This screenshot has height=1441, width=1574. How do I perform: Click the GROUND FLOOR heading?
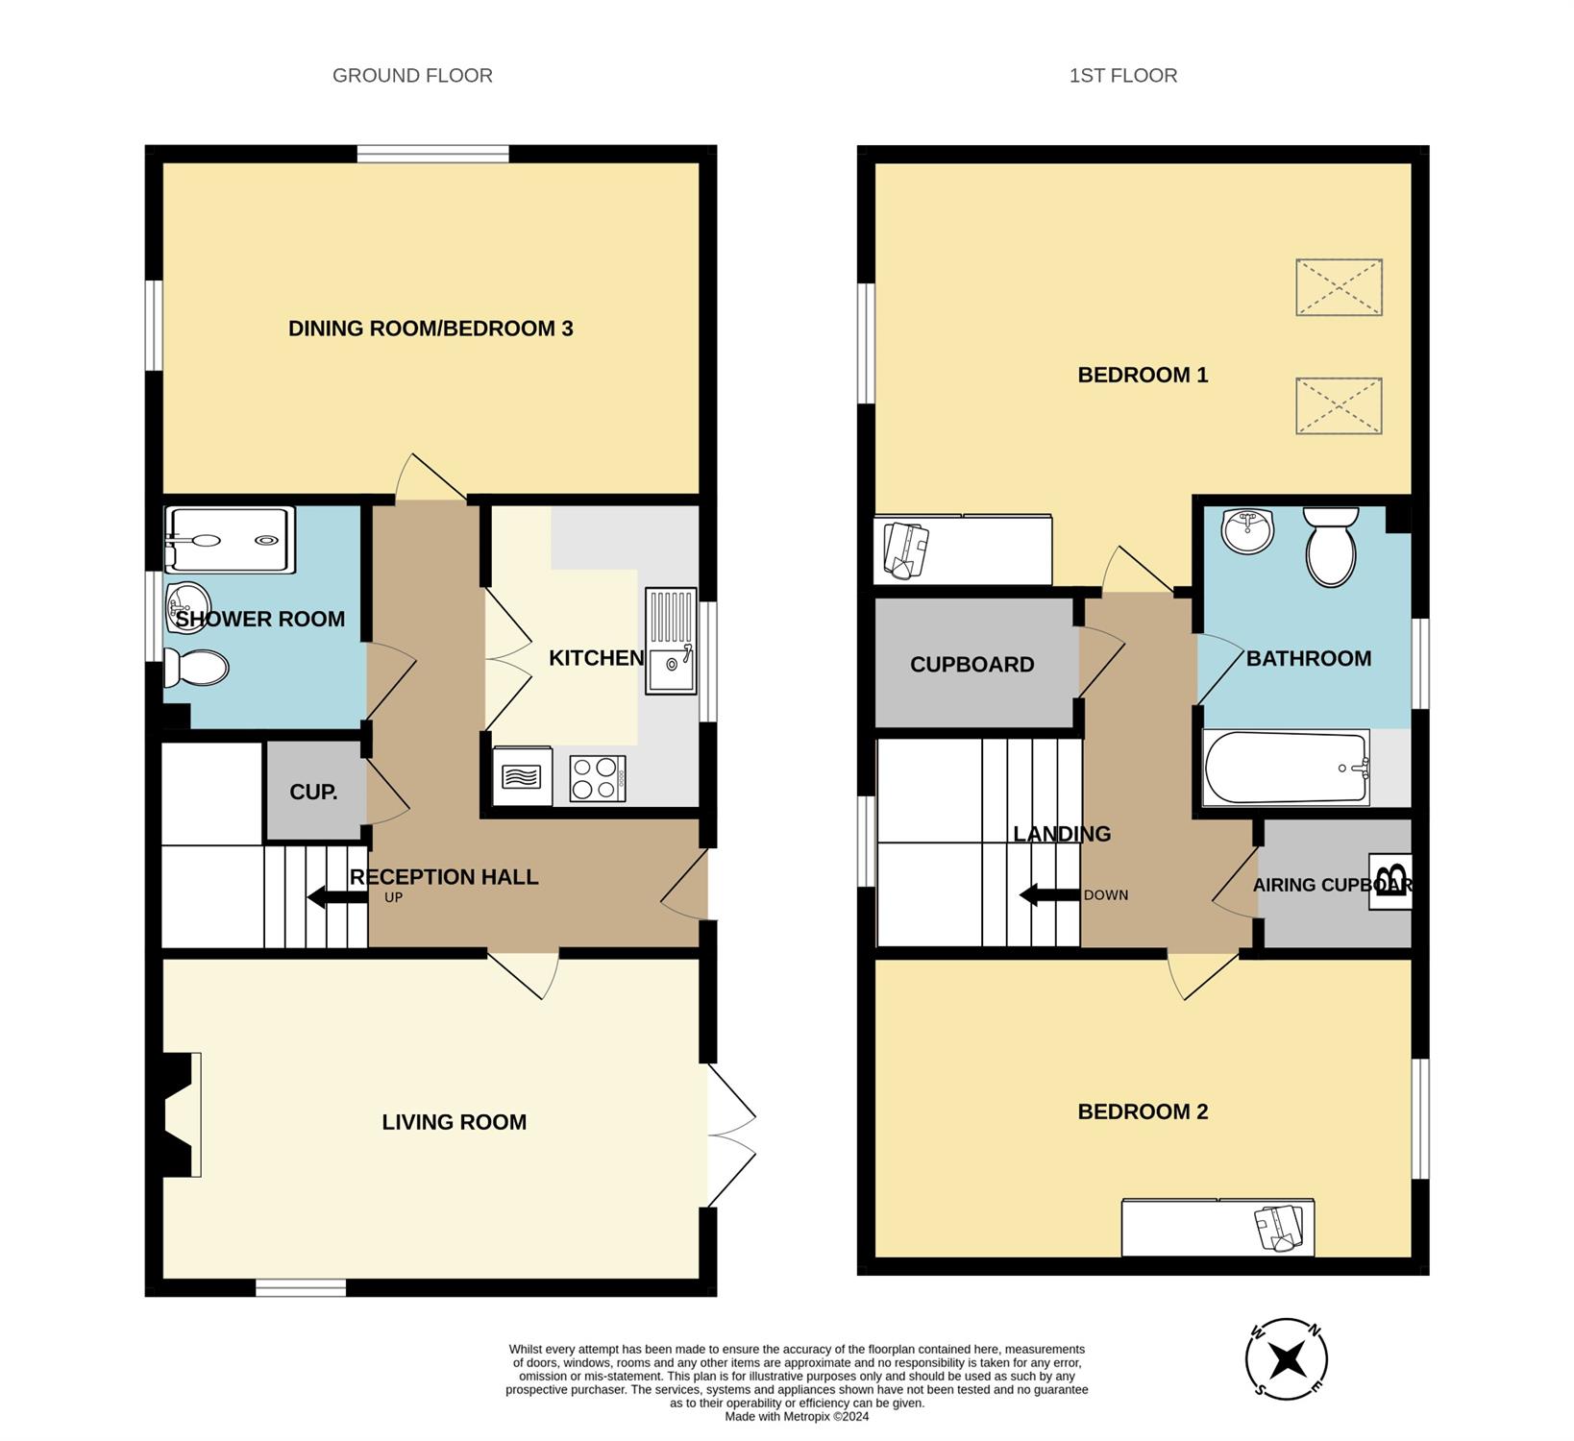click(412, 75)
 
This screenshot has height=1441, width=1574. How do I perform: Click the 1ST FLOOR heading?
click(1123, 75)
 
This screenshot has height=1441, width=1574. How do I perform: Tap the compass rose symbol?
click(1287, 1359)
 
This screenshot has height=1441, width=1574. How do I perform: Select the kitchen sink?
click(671, 641)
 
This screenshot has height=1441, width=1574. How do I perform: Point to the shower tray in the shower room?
click(230, 540)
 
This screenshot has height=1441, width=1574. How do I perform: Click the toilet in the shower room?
click(196, 668)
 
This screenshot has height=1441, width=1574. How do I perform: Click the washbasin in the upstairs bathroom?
click(1248, 531)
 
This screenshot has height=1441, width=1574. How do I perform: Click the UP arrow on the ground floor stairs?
click(337, 897)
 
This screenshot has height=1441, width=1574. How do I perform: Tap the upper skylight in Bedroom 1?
click(1339, 287)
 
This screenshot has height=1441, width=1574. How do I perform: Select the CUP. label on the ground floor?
click(313, 793)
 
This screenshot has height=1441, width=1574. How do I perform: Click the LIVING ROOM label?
click(455, 1122)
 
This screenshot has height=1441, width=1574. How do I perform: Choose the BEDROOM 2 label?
click(1143, 1111)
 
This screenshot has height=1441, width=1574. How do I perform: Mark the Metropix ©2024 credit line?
click(797, 1416)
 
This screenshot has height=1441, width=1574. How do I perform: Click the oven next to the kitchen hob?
click(522, 776)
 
